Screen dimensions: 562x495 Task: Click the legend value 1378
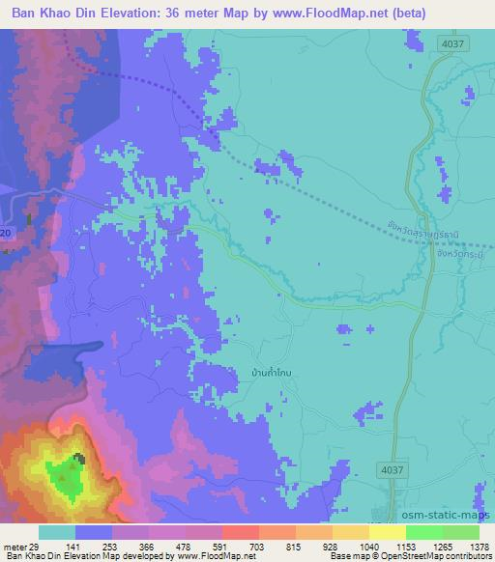[x=468, y=547]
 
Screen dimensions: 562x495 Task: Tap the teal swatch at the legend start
[x=57, y=532]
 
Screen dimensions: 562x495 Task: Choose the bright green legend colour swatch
[x=424, y=532]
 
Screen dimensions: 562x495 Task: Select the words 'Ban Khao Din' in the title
[x=48, y=14]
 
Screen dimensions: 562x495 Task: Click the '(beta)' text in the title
[x=402, y=14]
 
